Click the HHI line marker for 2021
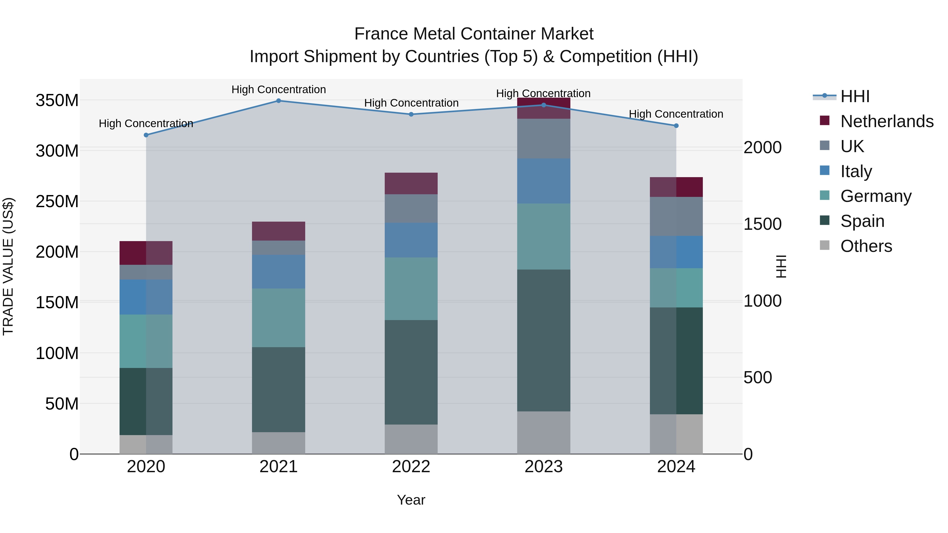click(279, 101)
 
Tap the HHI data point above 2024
click(676, 126)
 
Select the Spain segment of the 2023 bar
click(544, 340)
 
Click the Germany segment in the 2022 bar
click(411, 289)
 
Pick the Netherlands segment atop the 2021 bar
click(279, 231)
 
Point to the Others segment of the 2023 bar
click(544, 432)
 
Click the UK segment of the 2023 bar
click(544, 139)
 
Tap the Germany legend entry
click(876, 196)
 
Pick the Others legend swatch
click(825, 245)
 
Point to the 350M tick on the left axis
click(57, 101)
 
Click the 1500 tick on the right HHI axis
click(763, 224)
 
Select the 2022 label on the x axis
click(411, 467)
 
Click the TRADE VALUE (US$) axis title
click(8, 266)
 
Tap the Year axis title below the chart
click(411, 500)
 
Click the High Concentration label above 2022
click(411, 103)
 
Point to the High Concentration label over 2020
click(146, 124)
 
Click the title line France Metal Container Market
click(474, 34)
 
